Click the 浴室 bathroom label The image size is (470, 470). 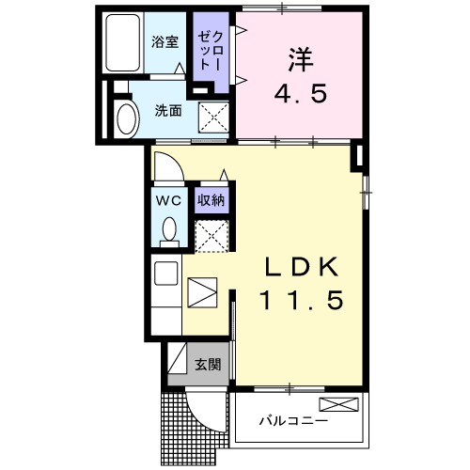[165, 42]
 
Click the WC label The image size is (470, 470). [168, 199]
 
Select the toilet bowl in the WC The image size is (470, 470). [169, 228]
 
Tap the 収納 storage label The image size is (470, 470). [211, 199]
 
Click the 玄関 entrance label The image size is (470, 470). [209, 364]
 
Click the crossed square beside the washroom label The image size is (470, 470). [215, 117]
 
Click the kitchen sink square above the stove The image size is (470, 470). [167, 274]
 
